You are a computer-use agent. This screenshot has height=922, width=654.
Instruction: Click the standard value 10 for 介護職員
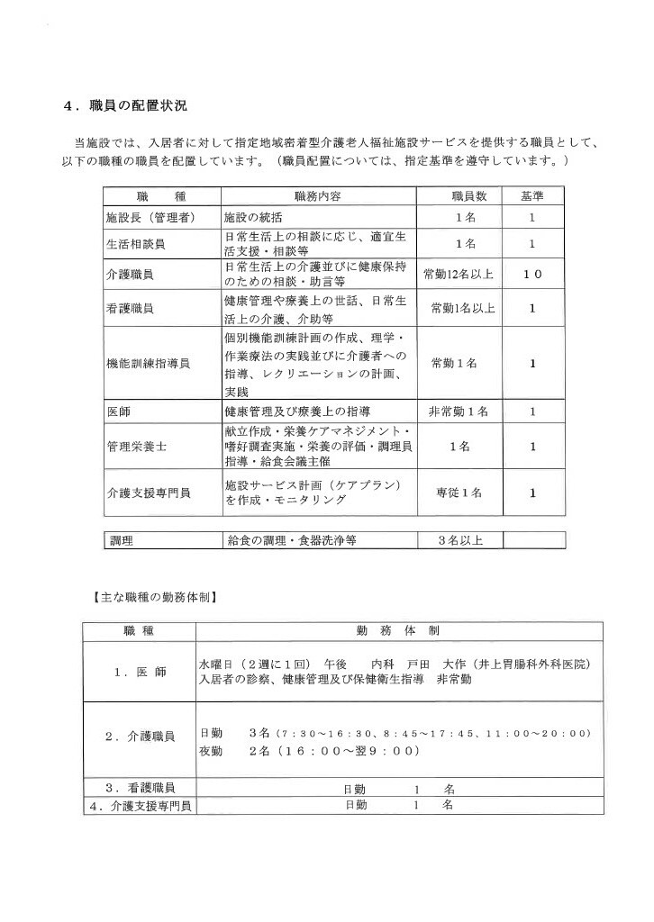[x=532, y=274]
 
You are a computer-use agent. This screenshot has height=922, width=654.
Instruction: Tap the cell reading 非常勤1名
[x=458, y=411]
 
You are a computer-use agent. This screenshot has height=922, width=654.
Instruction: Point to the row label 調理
[x=123, y=541]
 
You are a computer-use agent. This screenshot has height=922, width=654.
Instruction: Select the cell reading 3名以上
[x=460, y=541]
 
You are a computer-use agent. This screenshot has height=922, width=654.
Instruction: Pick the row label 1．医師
[x=140, y=672]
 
